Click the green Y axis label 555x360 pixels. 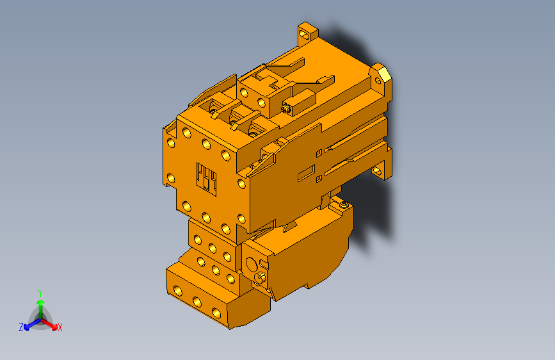coord(40,291)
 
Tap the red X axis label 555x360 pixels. coord(60,328)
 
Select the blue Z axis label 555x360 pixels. coord(21,327)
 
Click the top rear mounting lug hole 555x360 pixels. coord(305,30)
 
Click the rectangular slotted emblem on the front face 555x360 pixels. coord(207,178)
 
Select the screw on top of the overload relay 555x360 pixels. coord(344,204)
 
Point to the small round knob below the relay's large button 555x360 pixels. coord(261,277)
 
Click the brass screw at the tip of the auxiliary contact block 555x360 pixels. coord(286,109)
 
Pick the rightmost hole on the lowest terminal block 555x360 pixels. coord(216,312)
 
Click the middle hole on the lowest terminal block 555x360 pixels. coord(197,301)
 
